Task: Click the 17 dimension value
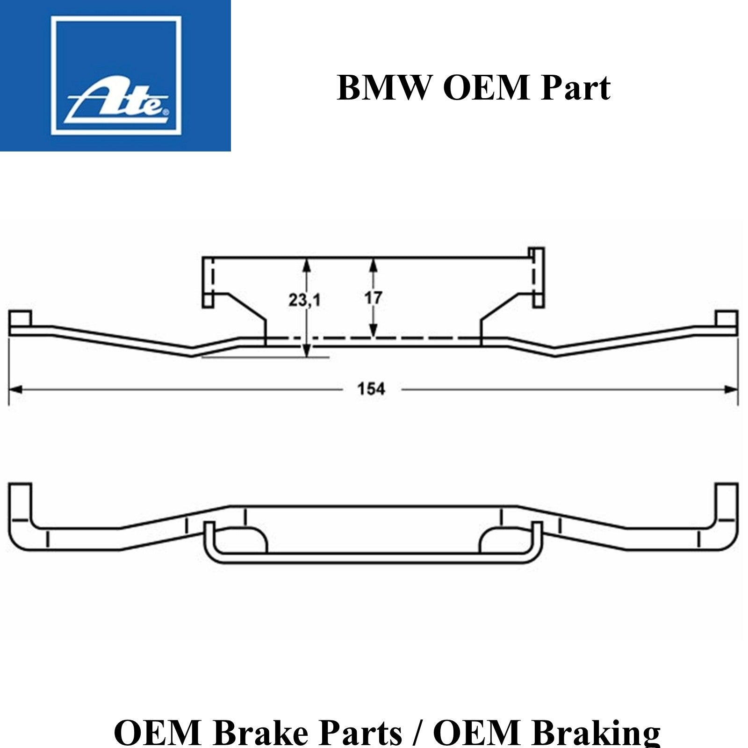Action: [373, 297]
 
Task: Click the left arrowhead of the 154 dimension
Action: [16, 389]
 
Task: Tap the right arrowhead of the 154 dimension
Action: [731, 389]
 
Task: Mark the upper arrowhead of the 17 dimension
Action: [373, 265]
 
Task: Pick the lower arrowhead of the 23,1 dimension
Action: [306, 351]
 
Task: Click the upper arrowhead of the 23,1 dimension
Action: [306, 265]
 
